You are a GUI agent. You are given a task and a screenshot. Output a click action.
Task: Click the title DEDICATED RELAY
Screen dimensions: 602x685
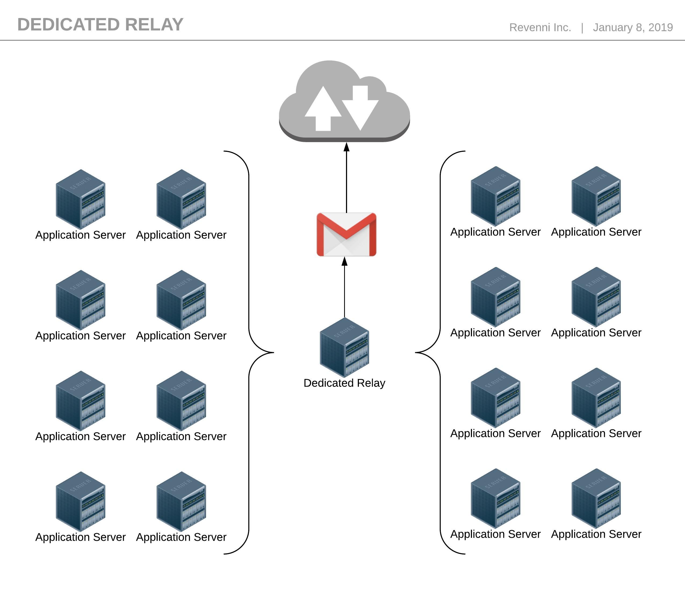tap(100, 25)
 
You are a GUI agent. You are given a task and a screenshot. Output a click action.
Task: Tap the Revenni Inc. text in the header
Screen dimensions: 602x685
tap(540, 27)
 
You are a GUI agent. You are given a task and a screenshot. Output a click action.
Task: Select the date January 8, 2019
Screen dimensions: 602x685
tap(633, 27)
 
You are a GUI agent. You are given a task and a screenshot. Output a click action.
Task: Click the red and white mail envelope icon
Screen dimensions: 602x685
tap(346, 234)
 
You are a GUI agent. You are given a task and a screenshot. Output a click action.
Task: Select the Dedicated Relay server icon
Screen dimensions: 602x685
tap(344, 347)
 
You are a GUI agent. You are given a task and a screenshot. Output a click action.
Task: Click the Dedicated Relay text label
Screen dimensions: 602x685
tap(344, 383)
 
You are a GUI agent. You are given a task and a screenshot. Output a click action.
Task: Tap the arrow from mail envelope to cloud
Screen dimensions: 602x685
tap(347, 178)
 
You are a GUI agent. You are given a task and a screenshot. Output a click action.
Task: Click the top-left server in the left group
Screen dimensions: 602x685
tap(80, 199)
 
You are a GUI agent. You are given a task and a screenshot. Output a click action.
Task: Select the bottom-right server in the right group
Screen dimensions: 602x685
tap(596, 498)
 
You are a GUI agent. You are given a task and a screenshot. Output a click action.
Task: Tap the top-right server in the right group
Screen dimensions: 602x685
tap(596, 196)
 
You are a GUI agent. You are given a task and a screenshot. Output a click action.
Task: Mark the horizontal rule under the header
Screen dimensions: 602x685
tap(342, 40)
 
